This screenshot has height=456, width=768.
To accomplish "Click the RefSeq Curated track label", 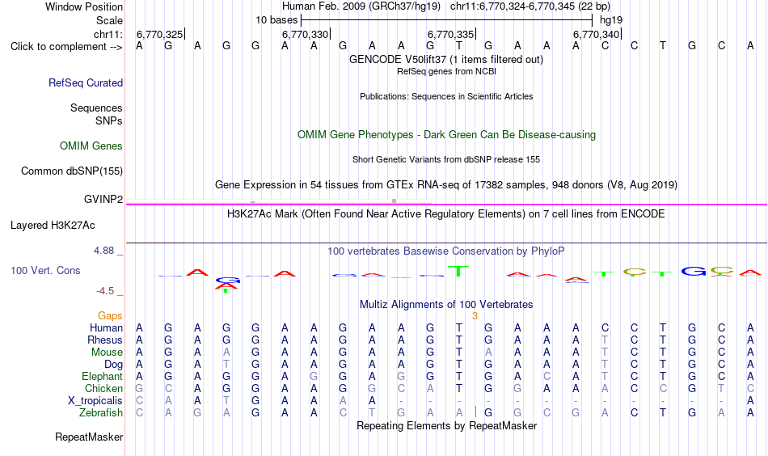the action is click(x=86, y=82).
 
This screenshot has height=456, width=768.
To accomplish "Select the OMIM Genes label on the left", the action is click(x=91, y=146).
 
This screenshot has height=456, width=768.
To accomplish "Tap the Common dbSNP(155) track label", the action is click(x=72, y=171).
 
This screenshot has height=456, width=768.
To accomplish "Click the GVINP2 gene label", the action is click(x=103, y=199).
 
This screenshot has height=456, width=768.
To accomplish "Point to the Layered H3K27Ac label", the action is click(x=53, y=226).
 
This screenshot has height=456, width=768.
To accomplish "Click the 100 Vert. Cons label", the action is click(x=45, y=270).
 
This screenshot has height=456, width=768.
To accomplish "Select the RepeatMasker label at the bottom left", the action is click(x=89, y=437).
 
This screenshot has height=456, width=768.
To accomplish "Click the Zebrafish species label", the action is click(x=101, y=413).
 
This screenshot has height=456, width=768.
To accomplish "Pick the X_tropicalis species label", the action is click(x=95, y=401).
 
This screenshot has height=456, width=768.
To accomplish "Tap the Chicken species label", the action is click(x=103, y=388).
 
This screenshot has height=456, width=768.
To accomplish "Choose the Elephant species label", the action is click(x=103, y=376).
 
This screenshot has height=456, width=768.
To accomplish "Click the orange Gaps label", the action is click(x=110, y=316).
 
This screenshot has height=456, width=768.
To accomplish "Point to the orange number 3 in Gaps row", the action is click(x=475, y=316).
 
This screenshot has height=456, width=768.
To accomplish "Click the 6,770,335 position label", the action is click(x=450, y=34).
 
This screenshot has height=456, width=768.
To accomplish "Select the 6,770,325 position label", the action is click(x=160, y=34).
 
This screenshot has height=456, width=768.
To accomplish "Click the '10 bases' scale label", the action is click(x=276, y=20).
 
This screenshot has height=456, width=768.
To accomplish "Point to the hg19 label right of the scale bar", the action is click(x=611, y=20).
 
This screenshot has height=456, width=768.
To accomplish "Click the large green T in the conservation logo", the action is click(x=458, y=271).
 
